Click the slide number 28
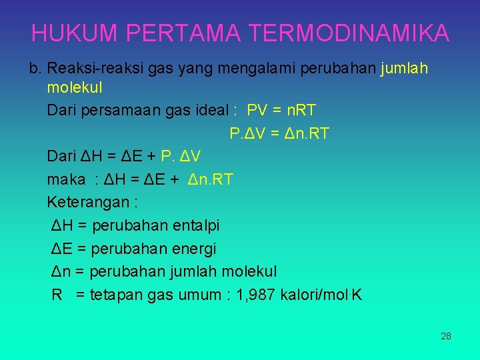(x=446, y=336)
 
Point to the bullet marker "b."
(x=36, y=68)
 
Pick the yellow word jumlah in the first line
(x=404, y=68)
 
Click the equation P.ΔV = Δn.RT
(x=279, y=134)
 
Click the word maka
(x=66, y=179)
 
